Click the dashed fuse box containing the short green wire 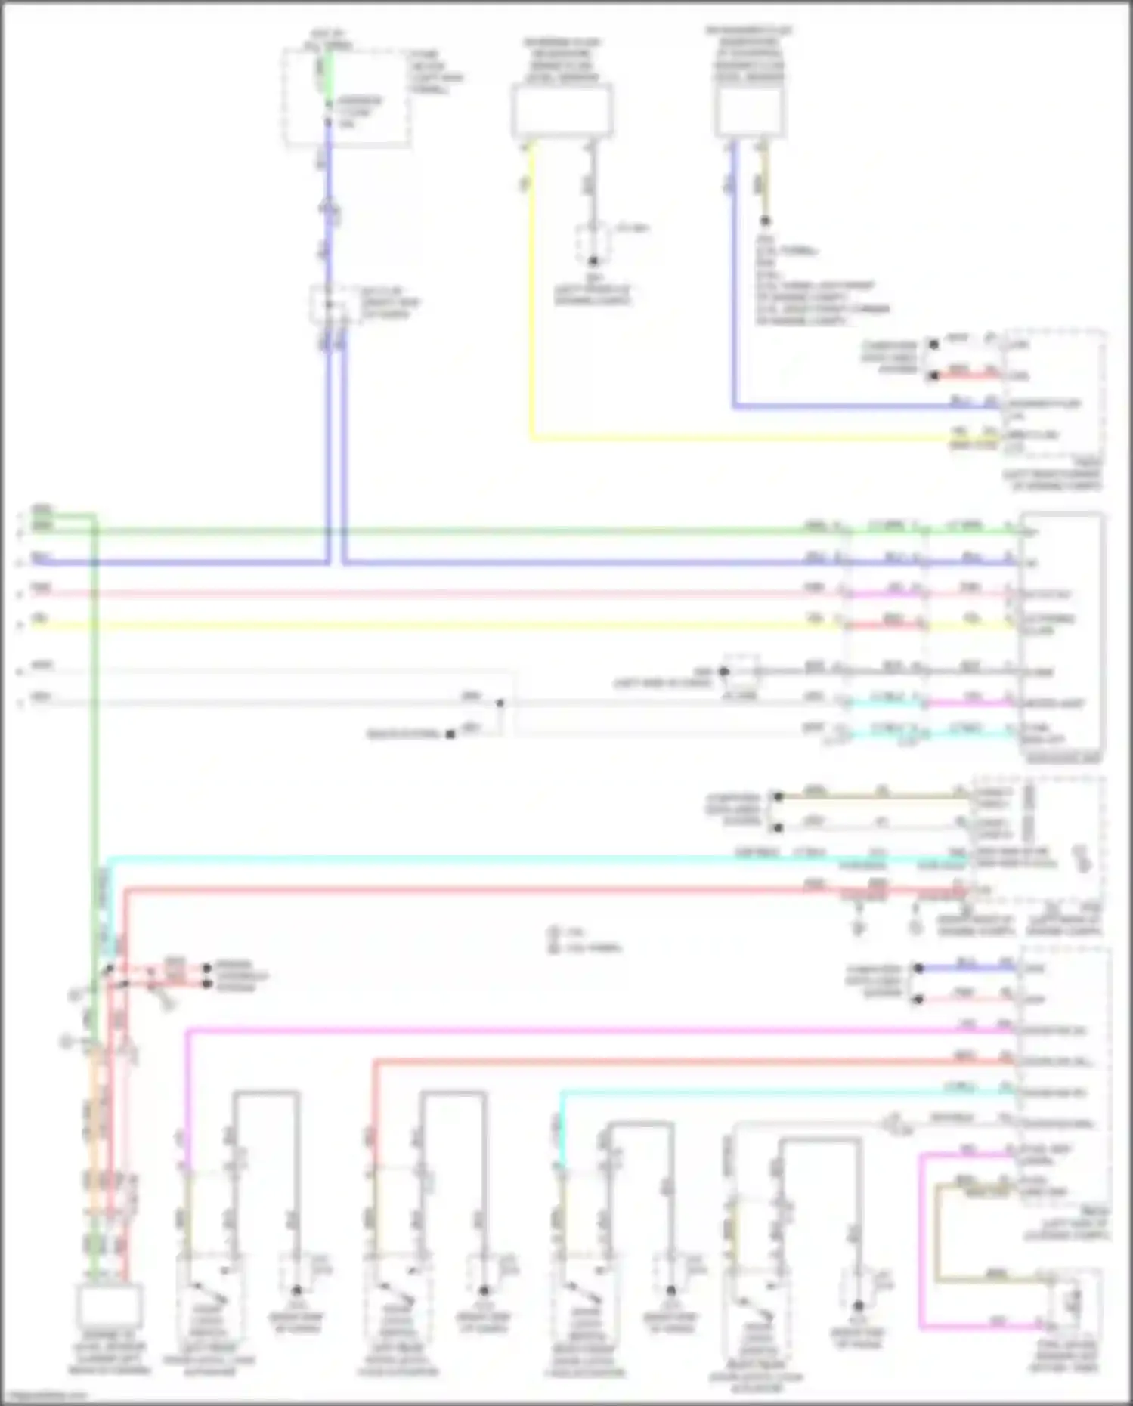346,96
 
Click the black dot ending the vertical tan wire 765,221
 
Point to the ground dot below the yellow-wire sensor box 593,261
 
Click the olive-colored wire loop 937,1231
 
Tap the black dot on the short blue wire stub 918,969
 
